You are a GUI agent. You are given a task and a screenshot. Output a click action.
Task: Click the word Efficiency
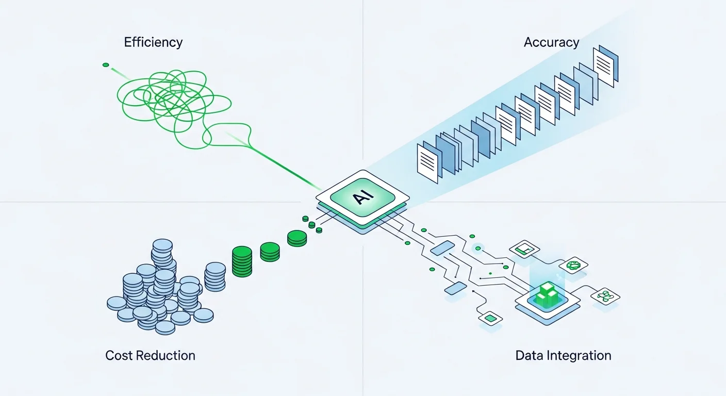coord(153,42)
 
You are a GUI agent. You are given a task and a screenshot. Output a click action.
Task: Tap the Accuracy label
coord(551,42)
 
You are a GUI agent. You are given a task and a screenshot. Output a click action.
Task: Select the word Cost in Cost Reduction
coord(119,355)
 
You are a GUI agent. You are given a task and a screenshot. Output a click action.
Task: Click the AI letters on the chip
coord(362,198)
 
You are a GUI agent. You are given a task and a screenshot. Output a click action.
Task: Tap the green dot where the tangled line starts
coord(106,65)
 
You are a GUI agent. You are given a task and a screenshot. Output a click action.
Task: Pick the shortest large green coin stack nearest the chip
coord(297,238)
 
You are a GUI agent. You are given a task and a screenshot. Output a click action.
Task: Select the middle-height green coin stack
coord(270,251)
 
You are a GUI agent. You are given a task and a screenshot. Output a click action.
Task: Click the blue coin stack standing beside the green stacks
coord(215,276)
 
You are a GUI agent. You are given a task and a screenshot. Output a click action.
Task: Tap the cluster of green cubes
coord(547,294)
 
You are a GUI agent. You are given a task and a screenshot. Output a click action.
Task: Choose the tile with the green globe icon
coord(573,266)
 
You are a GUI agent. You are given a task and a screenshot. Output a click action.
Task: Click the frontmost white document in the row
coord(427,164)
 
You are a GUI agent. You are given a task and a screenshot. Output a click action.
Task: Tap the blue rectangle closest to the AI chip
coord(441,248)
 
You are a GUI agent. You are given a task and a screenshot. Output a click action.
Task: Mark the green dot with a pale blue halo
coord(478,249)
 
